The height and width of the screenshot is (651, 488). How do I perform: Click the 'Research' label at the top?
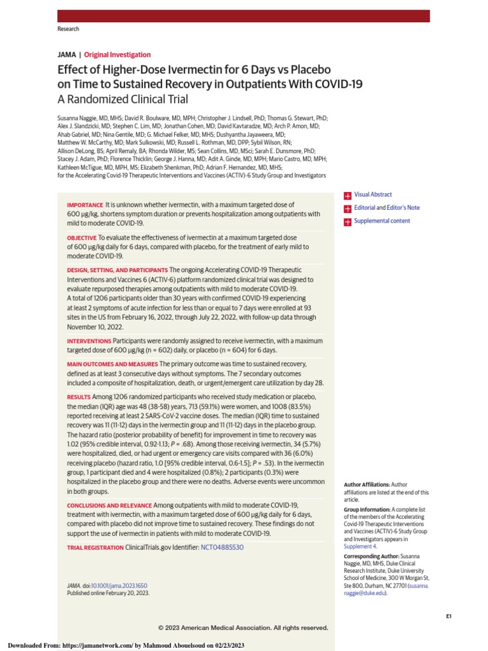tap(69, 29)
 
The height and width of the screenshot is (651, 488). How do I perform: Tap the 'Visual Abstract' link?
tap(373, 195)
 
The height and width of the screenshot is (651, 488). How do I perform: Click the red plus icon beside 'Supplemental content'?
tap(348, 222)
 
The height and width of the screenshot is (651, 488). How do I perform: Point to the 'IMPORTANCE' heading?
tap(85, 205)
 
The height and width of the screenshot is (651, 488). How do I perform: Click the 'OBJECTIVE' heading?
tap(82, 237)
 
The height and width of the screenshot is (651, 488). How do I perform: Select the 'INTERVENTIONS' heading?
tap(89, 341)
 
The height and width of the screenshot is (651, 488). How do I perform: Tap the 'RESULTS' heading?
tap(79, 396)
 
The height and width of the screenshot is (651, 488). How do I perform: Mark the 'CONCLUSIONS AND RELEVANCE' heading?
tap(109, 505)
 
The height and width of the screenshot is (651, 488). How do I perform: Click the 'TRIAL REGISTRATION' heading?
tap(95, 547)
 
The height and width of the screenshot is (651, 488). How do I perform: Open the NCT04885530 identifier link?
tap(222, 547)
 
